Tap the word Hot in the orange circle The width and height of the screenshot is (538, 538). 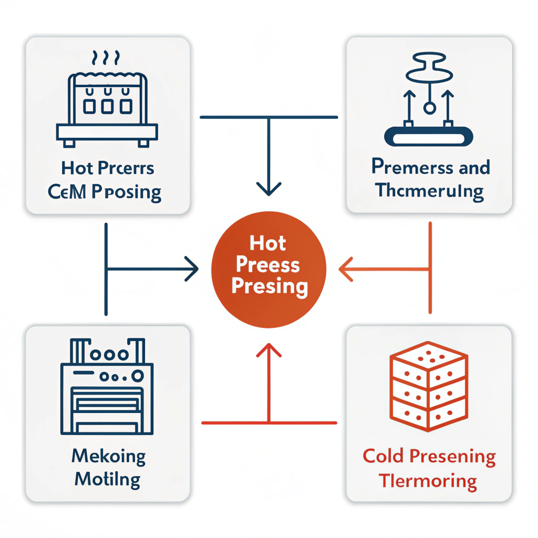tap(268, 244)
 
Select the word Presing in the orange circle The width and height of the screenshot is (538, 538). tap(269, 286)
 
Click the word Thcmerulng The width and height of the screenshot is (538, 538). tap(429, 190)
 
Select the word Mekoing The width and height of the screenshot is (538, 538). tap(108, 456)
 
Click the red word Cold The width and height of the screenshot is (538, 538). tap(383, 457)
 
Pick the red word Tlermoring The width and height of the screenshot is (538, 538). tap(428, 481)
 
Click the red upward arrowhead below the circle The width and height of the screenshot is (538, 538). tap(268, 350)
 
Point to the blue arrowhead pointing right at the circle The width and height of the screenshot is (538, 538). tap(192, 271)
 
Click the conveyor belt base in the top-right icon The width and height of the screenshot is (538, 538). tap(429, 137)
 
